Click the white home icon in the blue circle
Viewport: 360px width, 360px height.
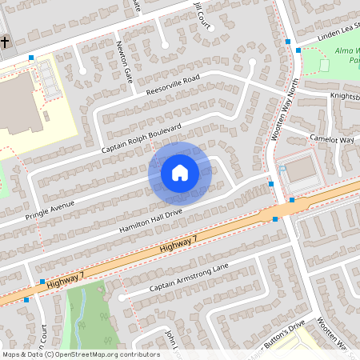[x=180, y=172]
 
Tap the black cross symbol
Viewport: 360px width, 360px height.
[x=4, y=42]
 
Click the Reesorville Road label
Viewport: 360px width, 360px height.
[x=173, y=87]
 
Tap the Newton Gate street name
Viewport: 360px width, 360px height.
[x=124, y=62]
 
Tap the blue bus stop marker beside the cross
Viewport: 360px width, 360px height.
[x=31, y=58]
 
